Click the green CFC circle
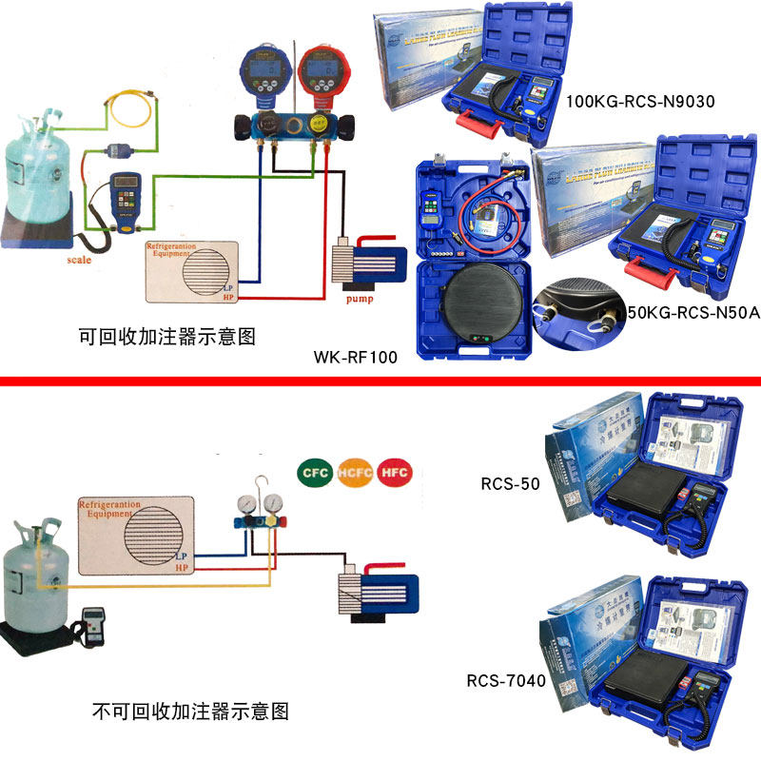point(314,472)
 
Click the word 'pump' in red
point(360,298)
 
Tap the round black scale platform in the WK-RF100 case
point(481,304)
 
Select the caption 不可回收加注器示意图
point(189,710)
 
